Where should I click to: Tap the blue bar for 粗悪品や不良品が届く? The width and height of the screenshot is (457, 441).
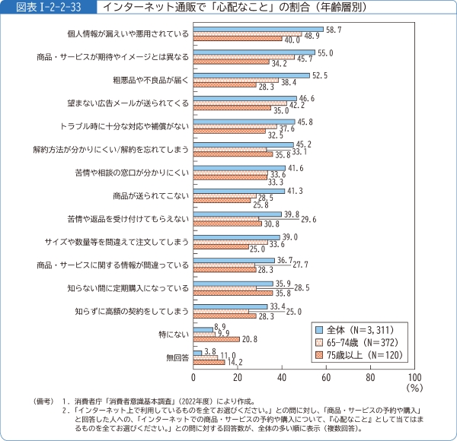click(x=251, y=75)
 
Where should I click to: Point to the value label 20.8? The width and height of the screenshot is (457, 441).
click(x=251, y=339)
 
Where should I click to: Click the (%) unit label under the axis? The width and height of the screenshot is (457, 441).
click(x=414, y=388)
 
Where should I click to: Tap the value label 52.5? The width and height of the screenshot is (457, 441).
click(x=320, y=75)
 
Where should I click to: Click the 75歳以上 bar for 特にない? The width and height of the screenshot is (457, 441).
click(x=216, y=339)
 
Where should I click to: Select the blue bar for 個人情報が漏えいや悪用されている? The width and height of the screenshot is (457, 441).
click(x=258, y=28)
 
